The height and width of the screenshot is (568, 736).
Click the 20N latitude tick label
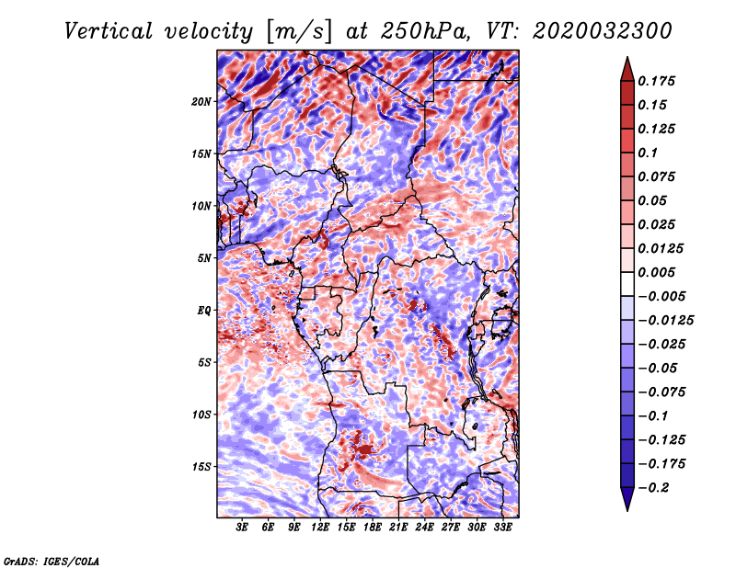pos(201,102)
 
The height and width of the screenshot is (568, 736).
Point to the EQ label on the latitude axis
pos(204,311)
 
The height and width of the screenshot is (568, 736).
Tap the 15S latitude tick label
pos(201,467)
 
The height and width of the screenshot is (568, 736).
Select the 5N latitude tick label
pos(204,258)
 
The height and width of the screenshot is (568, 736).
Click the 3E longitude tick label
pos(242,528)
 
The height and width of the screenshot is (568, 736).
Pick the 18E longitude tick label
pos(373,528)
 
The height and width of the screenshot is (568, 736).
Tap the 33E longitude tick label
pos(502,528)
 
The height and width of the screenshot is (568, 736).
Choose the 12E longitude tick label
pos(320,528)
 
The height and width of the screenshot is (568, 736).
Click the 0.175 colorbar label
pos(656,81)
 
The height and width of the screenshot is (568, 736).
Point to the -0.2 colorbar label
pos(653,488)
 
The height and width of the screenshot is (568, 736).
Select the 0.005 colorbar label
pos(656,272)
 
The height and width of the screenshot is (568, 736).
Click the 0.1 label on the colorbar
pos(648,153)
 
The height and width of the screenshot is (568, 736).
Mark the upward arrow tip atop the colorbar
pos(627,57)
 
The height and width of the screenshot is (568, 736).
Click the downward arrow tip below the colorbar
pos(627,510)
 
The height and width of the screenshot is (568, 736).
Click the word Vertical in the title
pos(109,31)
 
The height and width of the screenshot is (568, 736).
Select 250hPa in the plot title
pos(425,31)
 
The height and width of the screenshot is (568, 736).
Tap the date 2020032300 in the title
pos(603,31)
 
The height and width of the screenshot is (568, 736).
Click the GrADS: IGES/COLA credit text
pos(52,561)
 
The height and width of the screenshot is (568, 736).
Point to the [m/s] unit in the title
pos(298,32)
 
